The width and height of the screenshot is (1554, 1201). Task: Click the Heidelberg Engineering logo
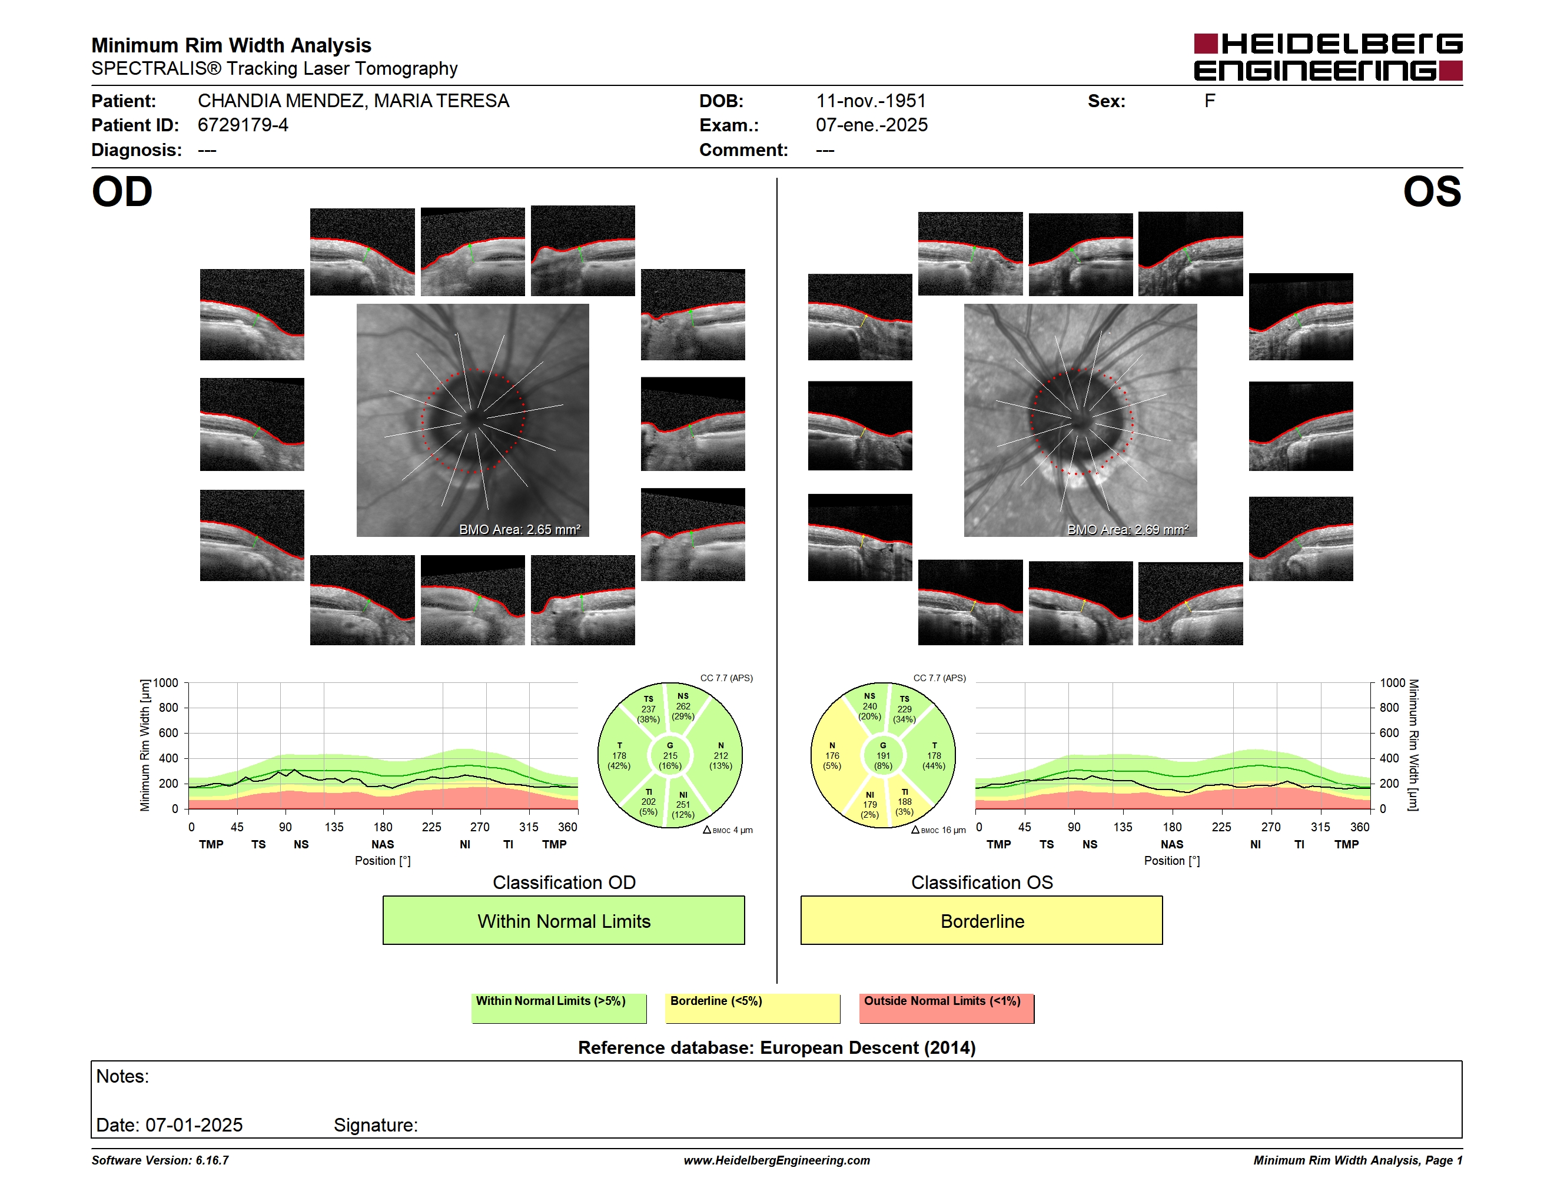(x=1328, y=57)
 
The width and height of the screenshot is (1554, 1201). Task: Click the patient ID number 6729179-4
(x=243, y=125)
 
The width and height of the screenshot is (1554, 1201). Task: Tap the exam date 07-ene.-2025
(x=871, y=125)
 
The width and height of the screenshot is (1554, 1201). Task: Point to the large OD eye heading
(x=122, y=192)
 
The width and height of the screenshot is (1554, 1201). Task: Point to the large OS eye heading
(x=1432, y=192)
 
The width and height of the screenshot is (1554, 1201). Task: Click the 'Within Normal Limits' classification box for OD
(x=563, y=920)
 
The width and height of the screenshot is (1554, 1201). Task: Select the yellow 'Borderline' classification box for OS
(x=981, y=920)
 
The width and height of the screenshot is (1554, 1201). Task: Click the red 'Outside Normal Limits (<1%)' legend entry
(x=947, y=1008)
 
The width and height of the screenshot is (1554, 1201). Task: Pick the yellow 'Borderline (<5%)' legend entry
(x=752, y=1008)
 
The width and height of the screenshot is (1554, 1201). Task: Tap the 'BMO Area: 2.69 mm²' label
(x=1127, y=529)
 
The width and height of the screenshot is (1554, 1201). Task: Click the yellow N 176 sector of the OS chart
(x=832, y=755)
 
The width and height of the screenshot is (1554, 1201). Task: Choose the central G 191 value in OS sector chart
(x=883, y=755)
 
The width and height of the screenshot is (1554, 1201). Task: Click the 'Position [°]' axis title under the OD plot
(x=383, y=861)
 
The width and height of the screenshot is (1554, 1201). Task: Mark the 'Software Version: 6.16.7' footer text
(x=160, y=1160)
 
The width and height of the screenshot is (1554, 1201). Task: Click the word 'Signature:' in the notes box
(x=376, y=1125)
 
